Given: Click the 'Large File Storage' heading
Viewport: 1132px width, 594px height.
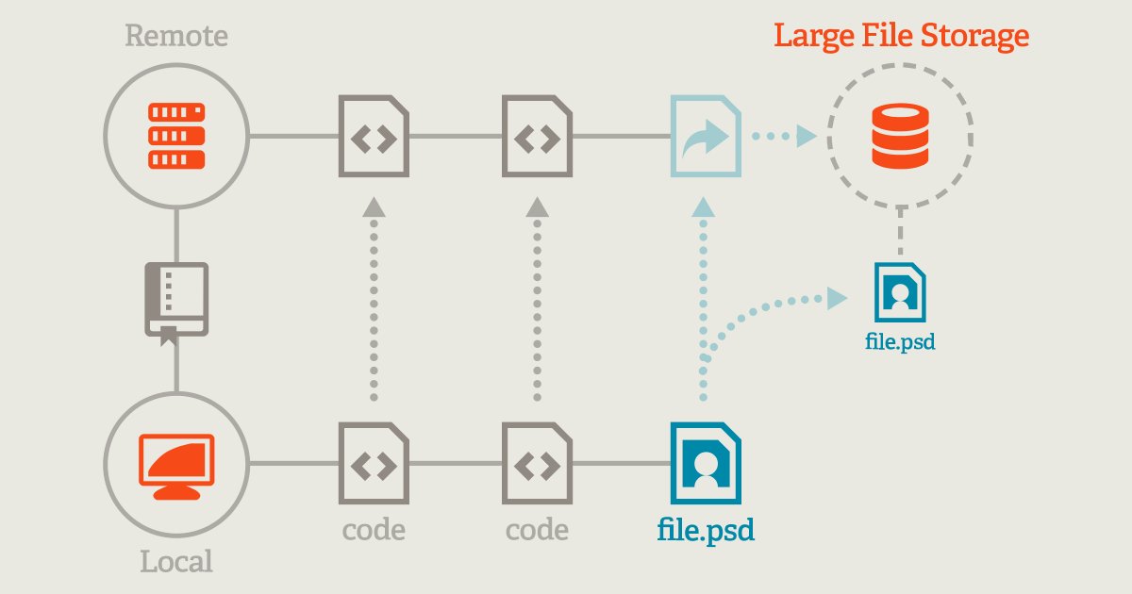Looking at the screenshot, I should tap(901, 37).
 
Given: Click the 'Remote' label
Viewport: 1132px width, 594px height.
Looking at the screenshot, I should tap(176, 37).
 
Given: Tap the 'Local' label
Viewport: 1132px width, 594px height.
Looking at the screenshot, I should tap(176, 563).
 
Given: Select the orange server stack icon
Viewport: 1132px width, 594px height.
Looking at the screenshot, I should tap(176, 136).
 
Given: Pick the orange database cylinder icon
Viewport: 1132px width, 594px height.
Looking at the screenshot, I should tap(900, 136).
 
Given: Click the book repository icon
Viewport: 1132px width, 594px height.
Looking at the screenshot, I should tap(175, 302).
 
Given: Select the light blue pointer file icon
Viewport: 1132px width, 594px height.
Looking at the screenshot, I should tap(705, 136).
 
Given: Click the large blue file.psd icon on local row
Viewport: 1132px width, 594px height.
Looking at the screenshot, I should tap(705, 463).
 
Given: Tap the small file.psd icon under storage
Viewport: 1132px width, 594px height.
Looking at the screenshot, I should tap(900, 291).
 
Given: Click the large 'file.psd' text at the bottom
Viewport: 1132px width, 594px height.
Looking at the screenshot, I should tap(706, 529).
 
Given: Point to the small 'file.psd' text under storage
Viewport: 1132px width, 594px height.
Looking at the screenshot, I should tap(900, 340).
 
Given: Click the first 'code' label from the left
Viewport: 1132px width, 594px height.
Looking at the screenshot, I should tap(374, 529).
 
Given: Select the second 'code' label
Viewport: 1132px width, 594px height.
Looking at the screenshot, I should tap(537, 529).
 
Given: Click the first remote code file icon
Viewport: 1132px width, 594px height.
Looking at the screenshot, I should tap(374, 136).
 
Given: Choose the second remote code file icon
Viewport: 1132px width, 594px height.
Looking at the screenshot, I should tap(537, 136).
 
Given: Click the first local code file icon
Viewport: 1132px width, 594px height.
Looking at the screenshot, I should tap(374, 463).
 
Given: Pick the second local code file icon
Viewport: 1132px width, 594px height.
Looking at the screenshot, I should tap(537, 463).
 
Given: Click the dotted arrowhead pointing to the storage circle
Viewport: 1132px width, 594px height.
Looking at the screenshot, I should tap(805, 136).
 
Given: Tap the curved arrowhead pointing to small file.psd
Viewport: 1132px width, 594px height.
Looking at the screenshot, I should tap(836, 299).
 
